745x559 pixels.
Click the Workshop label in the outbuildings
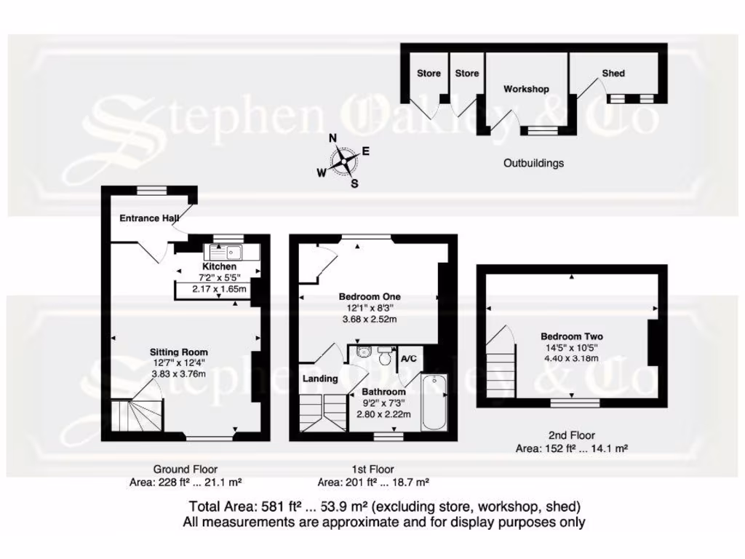coord(526,89)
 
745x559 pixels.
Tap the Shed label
coord(613,73)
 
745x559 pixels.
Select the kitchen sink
coord(226,253)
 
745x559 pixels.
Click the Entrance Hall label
coord(149,218)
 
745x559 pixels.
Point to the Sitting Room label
coord(179,352)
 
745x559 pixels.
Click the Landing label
coord(320,378)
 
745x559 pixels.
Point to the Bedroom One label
coord(370,297)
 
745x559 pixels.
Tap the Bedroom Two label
coord(571,336)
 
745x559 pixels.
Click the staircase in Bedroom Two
coord(501,368)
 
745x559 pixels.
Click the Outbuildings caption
coord(533,163)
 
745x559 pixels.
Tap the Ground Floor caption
coord(185,469)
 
